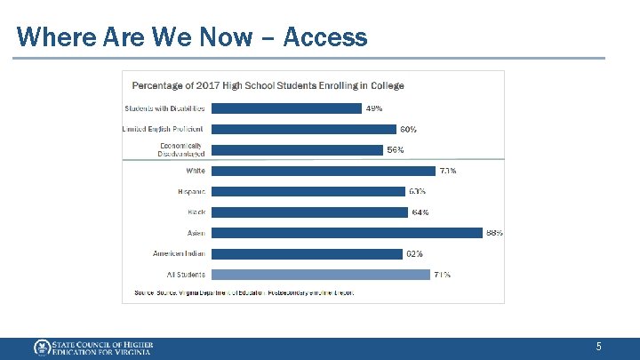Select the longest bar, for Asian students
coord(348,233)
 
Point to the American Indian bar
coord(308,253)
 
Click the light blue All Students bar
coord(321,275)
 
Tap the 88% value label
coord(494,233)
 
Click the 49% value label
coord(374,108)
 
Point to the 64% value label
coord(420,212)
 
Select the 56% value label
coord(396,150)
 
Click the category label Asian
coord(196,233)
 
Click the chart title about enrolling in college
coord(268,85)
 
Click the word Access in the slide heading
coord(326,37)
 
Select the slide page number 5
coord(599,347)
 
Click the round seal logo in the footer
coord(41,348)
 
